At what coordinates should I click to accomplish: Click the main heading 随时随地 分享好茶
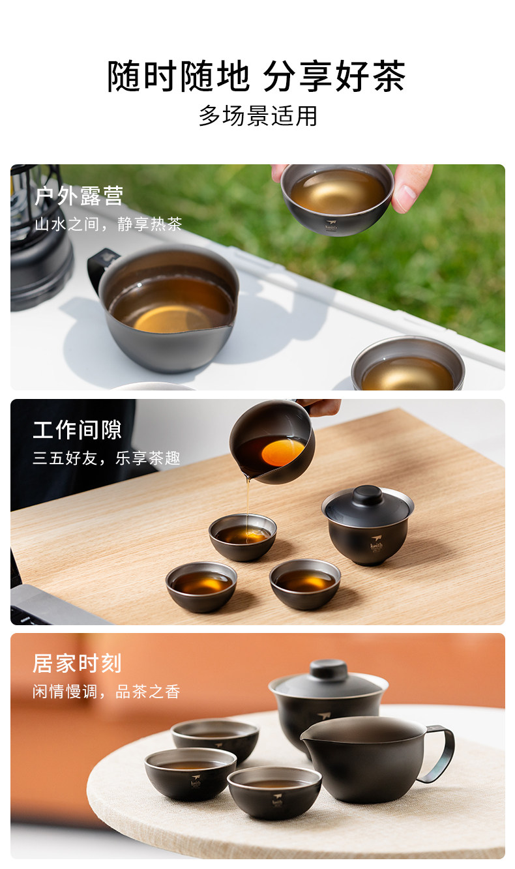(x=256, y=76)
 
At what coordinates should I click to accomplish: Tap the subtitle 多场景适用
(x=258, y=115)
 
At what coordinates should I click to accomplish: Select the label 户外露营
(x=79, y=196)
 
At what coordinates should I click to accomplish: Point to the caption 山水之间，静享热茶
(x=108, y=224)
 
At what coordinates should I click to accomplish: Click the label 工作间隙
(x=77, y=430)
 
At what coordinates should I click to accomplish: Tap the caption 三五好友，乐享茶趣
(x=106, y=458)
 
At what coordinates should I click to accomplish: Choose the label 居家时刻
(x=77, y=663)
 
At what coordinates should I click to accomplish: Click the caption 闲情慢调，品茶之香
(x=106, y=691)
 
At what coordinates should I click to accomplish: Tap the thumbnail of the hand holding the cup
(x=411, y=188)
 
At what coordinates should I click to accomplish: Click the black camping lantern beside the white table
(x=38, y=237)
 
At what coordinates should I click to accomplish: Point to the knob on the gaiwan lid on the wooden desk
(x=368, y=495)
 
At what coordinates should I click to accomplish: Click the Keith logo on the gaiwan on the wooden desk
(x=376, y=543)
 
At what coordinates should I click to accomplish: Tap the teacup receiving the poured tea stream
(x=243, y=537)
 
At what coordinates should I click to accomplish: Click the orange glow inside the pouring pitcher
(x=282, y=452)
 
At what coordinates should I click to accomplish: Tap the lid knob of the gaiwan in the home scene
(x=329, y=670)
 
